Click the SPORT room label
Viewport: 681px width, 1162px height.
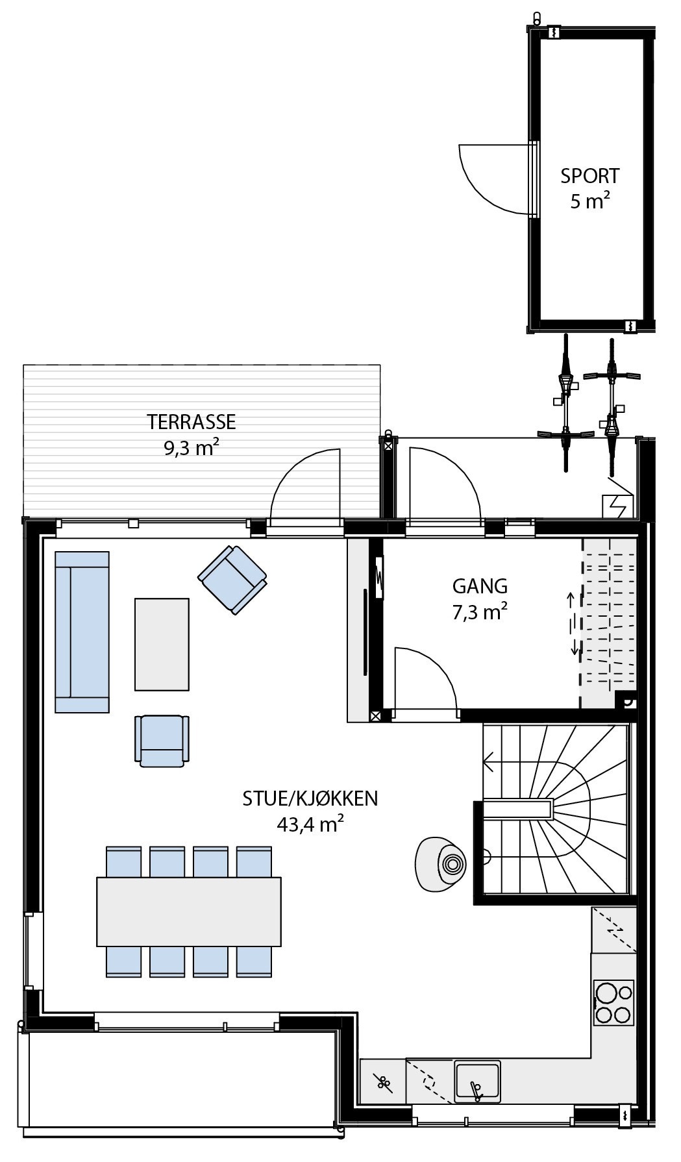coord(589,176)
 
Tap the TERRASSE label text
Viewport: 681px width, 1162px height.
coord(191,422)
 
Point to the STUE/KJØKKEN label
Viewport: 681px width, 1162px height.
coord(310,798)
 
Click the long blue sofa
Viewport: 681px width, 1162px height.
coord(82,632)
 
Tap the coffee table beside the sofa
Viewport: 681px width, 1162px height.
coord(162,644)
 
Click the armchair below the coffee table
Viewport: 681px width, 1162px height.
coord(162,740)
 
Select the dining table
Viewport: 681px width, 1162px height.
coord(189,911)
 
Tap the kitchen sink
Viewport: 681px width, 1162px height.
coord(477,1081)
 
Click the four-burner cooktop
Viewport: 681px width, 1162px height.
coord(613,1002)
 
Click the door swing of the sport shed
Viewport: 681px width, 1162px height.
coord(493,179)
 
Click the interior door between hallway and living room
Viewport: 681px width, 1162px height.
coord(425,682)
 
